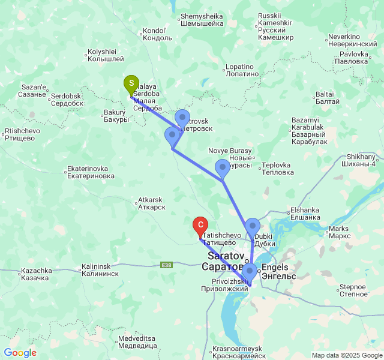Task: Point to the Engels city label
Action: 279,271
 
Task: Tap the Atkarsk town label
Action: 151,203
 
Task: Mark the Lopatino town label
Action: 242,70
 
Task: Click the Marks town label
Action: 339,232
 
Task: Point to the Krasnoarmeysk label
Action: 238,352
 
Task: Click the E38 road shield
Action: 167,265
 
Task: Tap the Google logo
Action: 20,353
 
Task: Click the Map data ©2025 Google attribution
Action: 347,355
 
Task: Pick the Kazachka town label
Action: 35,274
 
